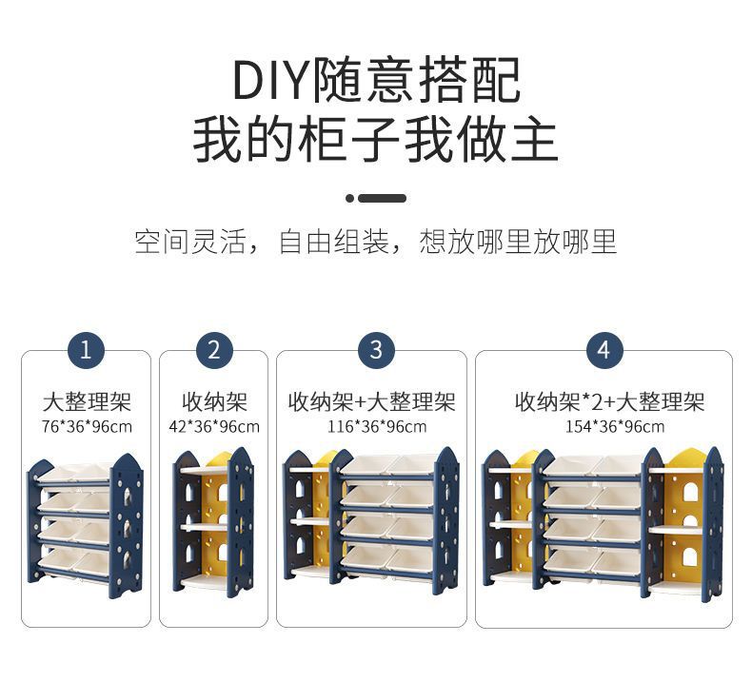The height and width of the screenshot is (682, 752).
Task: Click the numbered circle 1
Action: (86, 350)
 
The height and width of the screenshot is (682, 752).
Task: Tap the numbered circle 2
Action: (214, 350)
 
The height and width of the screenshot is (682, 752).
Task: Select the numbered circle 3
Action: (376, 350)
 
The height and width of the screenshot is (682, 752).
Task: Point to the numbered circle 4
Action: (604, 350)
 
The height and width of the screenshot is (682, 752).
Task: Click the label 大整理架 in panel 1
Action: (86, 401)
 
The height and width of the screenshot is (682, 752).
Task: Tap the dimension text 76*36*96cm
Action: (86, 426)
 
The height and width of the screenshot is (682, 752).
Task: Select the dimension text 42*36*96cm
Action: (214, 426)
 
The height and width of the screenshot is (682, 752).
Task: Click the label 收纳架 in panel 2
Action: (214, 401)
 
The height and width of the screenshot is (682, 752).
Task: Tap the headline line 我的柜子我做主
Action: (376, 139)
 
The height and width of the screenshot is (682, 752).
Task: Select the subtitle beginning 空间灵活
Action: (376, 242)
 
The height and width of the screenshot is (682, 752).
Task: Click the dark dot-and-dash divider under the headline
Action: (376, 198)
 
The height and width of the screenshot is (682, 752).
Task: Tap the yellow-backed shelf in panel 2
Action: (214, 523)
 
